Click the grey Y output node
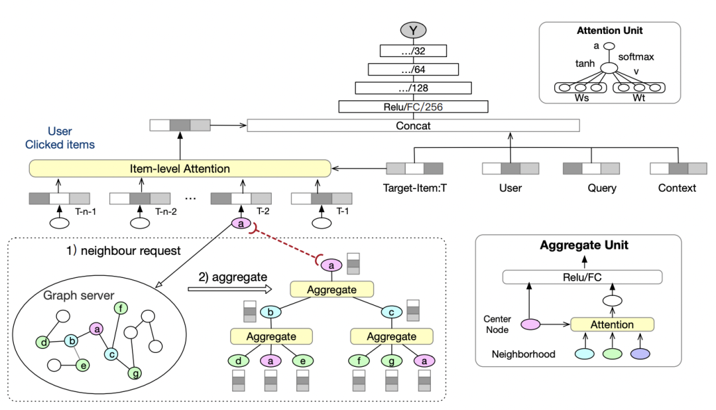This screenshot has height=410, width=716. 413,30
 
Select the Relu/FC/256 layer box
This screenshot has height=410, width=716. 413,107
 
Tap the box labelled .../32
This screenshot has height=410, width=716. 413,50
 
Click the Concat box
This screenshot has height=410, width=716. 413,125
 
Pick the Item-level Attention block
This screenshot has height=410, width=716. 180,169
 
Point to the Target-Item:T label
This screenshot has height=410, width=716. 414,188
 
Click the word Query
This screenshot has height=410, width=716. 602,188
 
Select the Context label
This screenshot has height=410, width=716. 677,188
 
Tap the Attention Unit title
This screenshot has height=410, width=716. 610,31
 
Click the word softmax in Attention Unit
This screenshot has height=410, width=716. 636,56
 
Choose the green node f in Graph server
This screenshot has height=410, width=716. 121,308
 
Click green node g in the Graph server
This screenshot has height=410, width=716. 135,374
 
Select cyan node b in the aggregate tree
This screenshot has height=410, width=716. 270,312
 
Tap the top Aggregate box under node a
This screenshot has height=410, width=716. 332,289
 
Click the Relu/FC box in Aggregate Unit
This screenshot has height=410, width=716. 582,277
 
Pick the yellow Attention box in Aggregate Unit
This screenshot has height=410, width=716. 613,324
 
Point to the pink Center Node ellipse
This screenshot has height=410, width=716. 530,324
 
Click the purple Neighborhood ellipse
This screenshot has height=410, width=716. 640,354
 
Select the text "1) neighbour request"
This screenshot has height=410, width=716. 123,251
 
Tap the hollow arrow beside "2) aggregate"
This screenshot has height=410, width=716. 229,289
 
